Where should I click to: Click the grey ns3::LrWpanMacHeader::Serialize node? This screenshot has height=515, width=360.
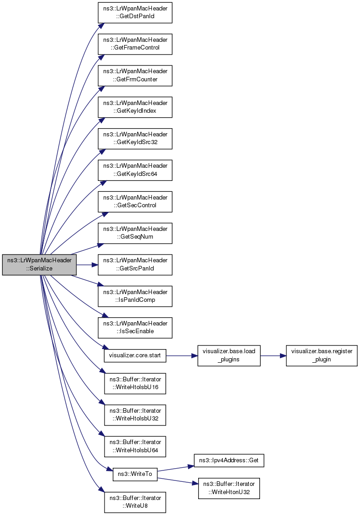pos(40,265)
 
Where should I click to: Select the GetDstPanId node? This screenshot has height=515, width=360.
pos(135,12)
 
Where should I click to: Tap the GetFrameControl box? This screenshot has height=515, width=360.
pos(135,44)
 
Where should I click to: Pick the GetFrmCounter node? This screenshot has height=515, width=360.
pos(135,75)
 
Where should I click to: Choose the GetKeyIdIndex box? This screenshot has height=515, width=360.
pos(135,107)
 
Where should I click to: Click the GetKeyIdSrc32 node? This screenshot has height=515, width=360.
pos(135,139)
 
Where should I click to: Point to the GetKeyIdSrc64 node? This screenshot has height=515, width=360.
pos(135,170)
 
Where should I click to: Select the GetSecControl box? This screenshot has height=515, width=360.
pos(135,202)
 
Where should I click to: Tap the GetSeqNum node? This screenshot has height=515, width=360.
pos(135,233)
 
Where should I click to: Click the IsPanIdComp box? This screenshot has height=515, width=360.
pos(135,296)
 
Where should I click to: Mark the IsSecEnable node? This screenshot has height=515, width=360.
pos(135,328)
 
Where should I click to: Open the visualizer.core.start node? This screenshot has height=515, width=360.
pos(135,355)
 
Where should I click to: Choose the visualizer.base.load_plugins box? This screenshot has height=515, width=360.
pos(229,355)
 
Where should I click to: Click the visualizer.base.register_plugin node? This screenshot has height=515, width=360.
pos(321,355)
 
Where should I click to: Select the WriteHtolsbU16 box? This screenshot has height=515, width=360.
pos(135,383)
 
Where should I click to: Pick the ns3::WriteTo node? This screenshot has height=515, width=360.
pos(135,474)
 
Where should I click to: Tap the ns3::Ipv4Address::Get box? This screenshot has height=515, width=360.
pos(229,460)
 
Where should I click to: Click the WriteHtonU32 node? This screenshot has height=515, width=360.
pos(229,488)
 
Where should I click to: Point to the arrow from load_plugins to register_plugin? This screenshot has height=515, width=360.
pos(273,355)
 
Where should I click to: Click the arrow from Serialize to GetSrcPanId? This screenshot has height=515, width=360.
pos(87,265)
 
